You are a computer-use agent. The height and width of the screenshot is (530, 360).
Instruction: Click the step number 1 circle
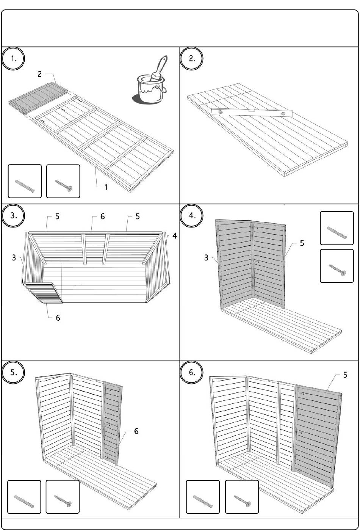(13, 59)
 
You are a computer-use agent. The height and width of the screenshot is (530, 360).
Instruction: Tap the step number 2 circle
(191, 59)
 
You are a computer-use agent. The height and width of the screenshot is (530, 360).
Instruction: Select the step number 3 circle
(13, 216)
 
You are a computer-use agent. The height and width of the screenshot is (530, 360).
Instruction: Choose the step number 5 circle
(13, 373)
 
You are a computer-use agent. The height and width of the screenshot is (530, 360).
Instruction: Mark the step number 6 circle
(191, 373)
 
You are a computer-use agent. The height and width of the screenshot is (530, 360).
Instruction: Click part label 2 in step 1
(40, 74)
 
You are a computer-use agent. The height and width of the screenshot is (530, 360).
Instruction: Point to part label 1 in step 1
(106, 187)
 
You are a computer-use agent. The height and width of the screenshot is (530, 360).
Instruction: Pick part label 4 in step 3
(174, 236)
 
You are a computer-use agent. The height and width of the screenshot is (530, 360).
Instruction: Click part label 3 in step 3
(14, 258)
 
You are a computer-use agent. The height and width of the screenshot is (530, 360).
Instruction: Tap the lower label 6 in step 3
(58, 318)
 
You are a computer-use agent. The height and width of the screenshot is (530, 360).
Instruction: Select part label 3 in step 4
(206, 258)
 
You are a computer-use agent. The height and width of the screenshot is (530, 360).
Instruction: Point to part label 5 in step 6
(345, 375)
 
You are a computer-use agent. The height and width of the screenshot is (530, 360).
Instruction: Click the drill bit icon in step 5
(24, 501)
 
